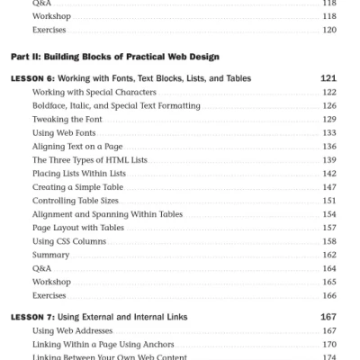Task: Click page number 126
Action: click(328, 105)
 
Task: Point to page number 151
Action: click(328, 200)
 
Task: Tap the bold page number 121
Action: click(328, 78)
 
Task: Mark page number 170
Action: click(328, 344)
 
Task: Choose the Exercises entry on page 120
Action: click(48, 30)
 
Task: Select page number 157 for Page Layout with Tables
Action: click(328, 227)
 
